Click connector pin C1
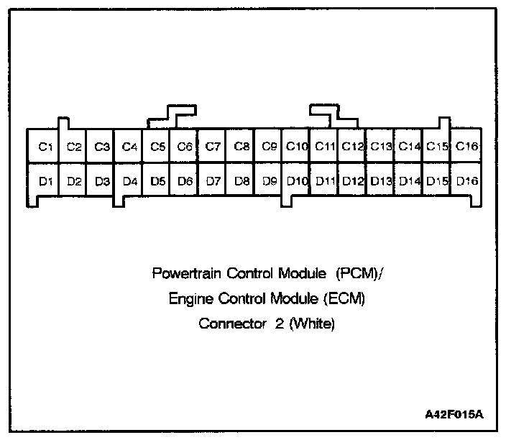(x=45, y=147)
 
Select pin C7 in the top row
(x=212, y=147)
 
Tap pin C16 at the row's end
(x=467, y=147)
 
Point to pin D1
(x=45, y=181)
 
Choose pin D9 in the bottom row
(x=270, y=181)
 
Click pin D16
(x=467, y=181)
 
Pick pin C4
(x=129, y=147)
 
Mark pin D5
(x=157, y=181)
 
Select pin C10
(x=297, y=147)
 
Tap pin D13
(x=382, y=181)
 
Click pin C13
(x=382, y=147)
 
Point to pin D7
(x=212, y=181)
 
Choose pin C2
(x=73, y=147)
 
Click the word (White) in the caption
(x=310, y=324)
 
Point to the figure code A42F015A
(x=454, y=416)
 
